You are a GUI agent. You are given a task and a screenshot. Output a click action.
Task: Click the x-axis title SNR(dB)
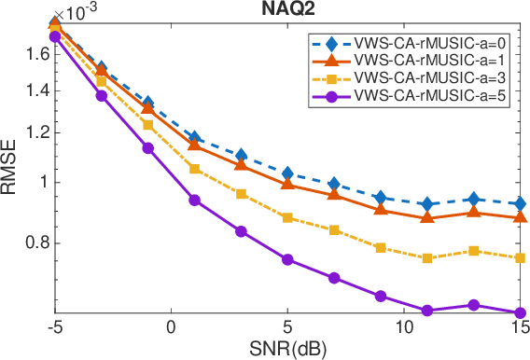coord(287,350)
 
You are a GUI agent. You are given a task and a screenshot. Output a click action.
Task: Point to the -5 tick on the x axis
coord(54,328)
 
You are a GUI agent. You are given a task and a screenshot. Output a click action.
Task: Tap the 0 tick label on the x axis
coord(171,328)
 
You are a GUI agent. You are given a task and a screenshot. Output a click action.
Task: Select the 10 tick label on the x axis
coord(404,328)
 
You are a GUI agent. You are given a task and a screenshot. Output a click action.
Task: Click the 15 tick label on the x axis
coord(519,328)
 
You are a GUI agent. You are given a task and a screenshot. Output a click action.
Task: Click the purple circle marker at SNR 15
coord(520,313)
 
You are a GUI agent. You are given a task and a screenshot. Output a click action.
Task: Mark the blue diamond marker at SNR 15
coord(520,203)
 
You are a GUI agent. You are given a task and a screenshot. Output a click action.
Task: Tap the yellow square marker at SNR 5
coord(287,217)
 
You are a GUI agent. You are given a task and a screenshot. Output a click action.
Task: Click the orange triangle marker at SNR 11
coord(427,216)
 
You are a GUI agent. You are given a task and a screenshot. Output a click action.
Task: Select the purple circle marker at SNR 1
coord(194,200)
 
